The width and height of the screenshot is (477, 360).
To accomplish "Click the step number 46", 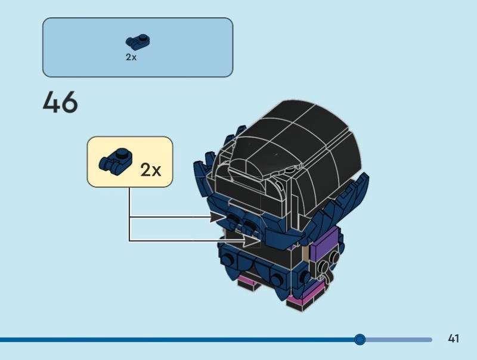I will pos(60,103).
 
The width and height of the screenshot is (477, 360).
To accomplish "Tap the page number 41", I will pos(453,339).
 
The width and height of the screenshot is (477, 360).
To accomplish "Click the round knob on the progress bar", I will pos(360,339).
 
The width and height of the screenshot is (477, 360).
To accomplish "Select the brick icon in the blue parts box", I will pos(137,42).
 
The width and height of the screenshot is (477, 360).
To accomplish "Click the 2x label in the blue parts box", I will pos(131,58).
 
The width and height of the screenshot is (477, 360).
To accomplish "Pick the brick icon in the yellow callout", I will pos(114,162).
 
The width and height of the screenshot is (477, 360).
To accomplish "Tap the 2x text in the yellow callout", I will pos(150,170).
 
